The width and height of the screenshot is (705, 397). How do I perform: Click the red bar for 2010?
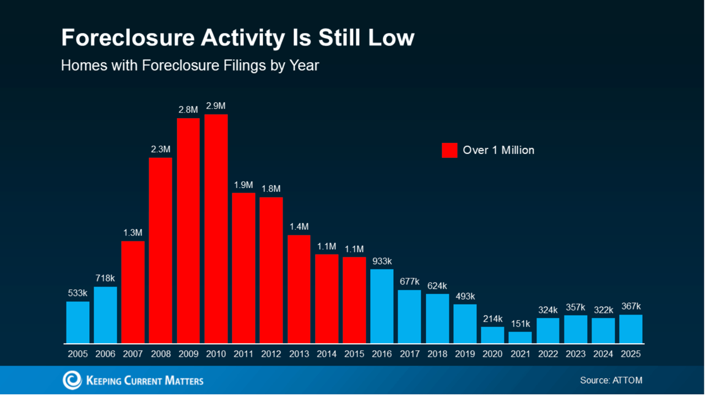216,229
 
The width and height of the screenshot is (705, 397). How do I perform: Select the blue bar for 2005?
78,322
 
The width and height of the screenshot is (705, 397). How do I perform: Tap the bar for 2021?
520,338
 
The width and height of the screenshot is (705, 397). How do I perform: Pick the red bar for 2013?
299,289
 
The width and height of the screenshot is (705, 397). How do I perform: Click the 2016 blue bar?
382,306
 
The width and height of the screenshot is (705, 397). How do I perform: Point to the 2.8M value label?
188,110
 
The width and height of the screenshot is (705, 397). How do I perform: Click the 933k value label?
382,261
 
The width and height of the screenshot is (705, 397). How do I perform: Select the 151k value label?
520,324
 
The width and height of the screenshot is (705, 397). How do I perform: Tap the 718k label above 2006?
105,278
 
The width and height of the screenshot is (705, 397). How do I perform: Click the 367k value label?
631,306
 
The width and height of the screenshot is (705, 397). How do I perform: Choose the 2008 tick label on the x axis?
160,354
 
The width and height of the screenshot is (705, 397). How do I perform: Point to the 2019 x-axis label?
465,354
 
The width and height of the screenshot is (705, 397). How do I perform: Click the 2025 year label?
631,354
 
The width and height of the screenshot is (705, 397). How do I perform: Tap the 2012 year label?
271,354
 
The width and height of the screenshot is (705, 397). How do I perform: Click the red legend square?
449,150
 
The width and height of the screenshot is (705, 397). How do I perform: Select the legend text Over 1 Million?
498,150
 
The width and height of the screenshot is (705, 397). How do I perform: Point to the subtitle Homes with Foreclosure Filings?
190,65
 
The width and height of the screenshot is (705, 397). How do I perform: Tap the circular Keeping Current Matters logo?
72,380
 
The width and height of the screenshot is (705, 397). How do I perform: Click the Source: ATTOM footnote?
611,380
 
